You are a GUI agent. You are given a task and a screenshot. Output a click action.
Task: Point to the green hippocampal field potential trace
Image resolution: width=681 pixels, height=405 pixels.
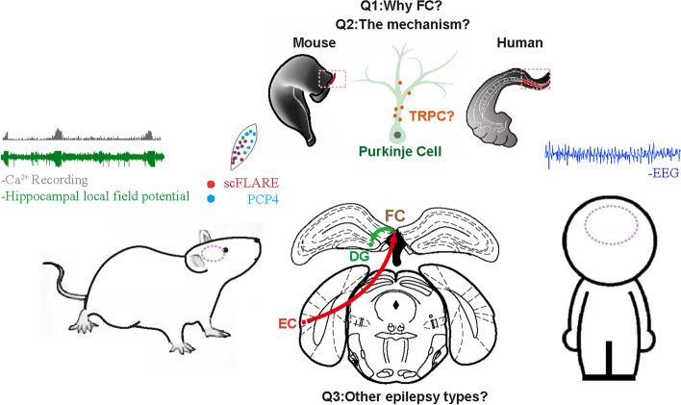pos(82,156)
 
